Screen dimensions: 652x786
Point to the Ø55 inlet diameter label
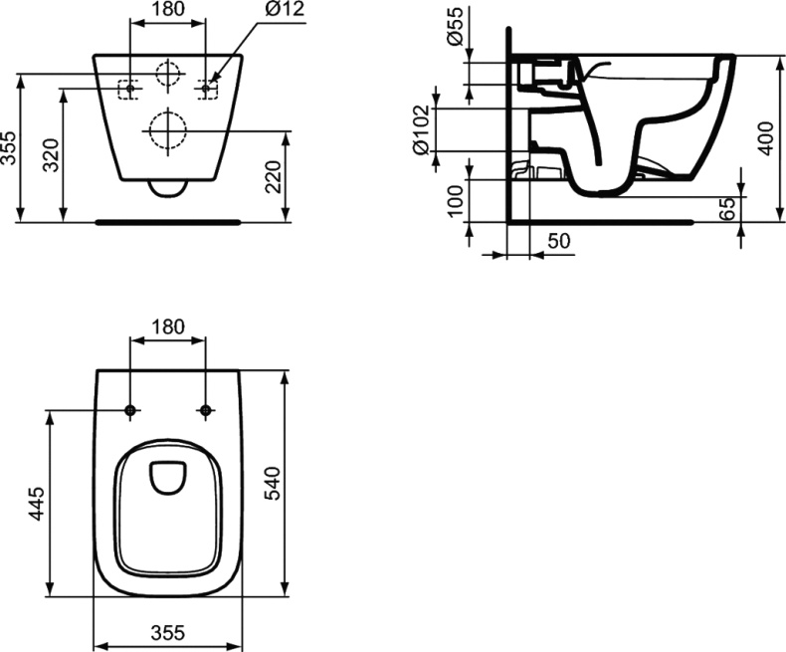453,27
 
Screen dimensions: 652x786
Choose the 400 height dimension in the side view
763,138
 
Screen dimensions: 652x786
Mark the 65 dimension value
727,208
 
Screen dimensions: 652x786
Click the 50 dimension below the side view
557,242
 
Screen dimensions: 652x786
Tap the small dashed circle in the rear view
168,73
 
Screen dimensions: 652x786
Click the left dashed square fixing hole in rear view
128,89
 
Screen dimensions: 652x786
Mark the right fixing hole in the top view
205,410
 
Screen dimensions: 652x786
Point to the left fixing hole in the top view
130,410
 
